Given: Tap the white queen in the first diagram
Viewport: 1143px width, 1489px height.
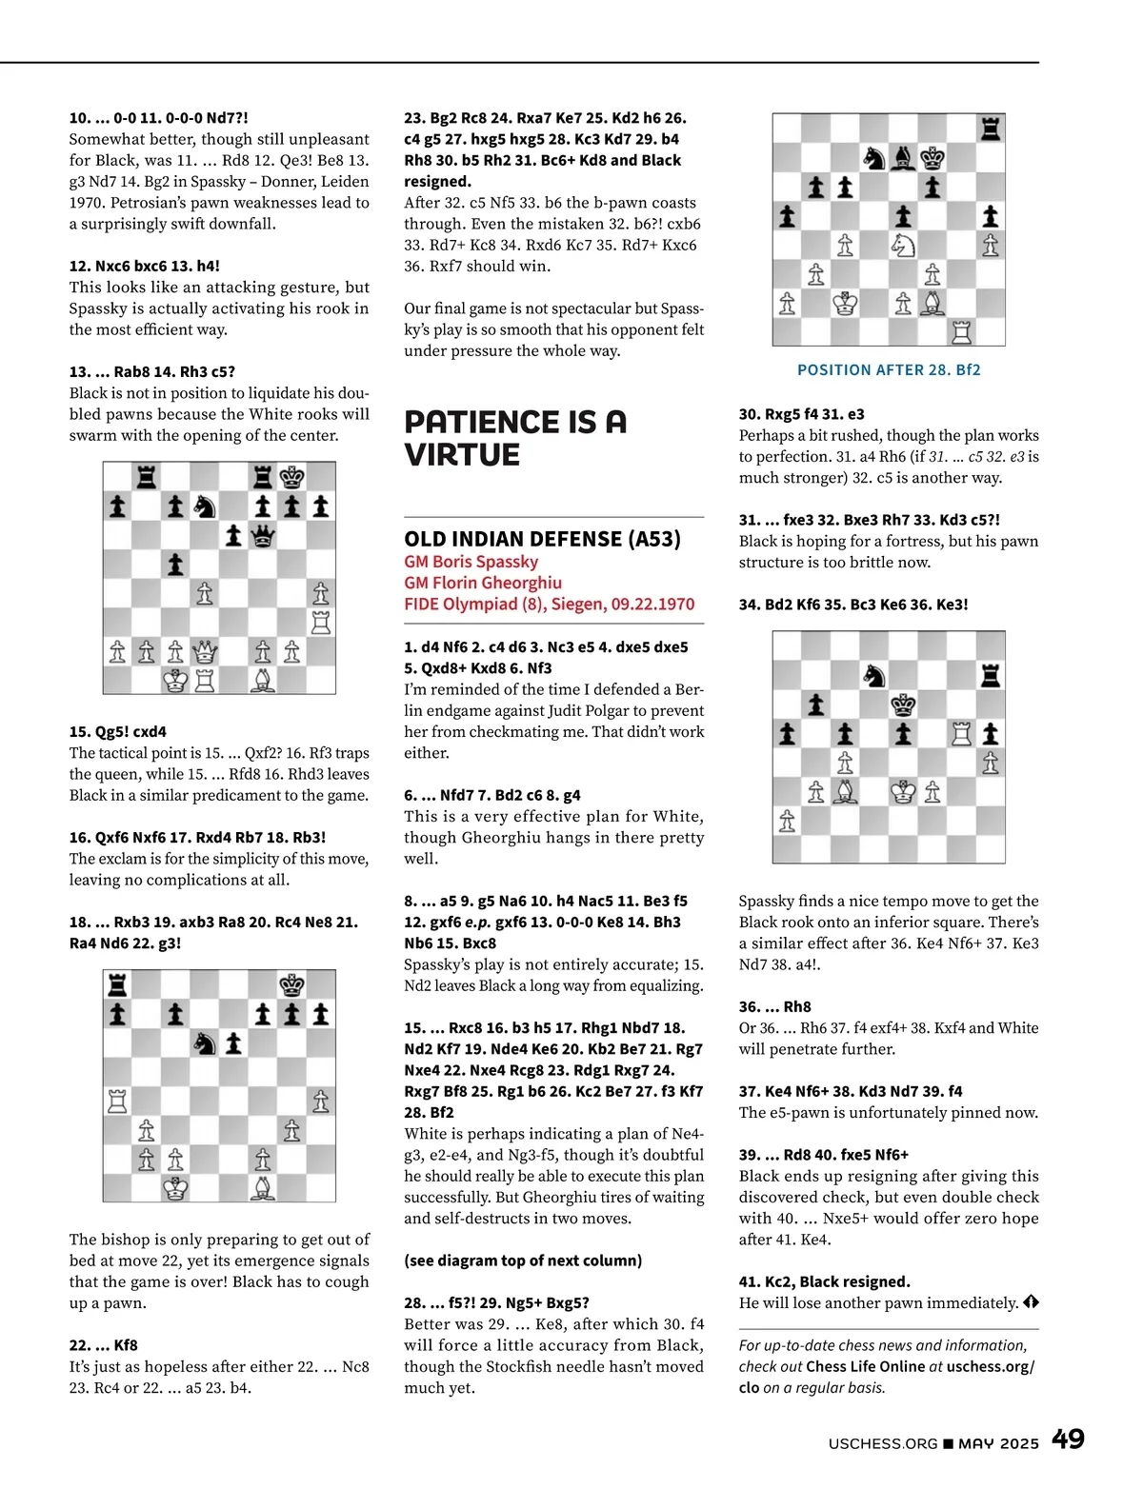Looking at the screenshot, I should coord(205,652).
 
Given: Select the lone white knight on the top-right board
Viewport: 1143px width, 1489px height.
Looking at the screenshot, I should coord(902,245).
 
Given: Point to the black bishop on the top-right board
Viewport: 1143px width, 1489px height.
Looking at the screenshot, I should coord(904,157).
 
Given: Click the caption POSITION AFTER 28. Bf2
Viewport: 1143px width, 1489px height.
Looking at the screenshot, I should coord(889,369).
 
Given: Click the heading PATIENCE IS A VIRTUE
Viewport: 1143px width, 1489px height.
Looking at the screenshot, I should coord(515,438).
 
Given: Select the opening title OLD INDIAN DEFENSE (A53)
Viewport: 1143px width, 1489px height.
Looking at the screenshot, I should coord(542,539).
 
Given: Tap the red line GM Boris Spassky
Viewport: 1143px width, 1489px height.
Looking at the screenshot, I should coord(471,562).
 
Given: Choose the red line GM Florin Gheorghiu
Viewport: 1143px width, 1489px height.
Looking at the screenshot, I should coord(483,583).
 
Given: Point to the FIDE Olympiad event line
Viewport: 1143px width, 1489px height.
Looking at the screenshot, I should coord(549,604).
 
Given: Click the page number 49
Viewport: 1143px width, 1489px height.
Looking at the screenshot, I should coord(1068,1439).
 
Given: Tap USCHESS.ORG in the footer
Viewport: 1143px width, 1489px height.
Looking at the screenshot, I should coord(883,1443).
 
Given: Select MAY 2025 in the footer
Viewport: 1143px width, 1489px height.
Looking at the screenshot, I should coord(998,1443).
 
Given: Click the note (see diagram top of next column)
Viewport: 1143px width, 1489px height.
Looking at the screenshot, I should coord(523,1261).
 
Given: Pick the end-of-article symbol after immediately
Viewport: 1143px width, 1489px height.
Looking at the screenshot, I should coord(1032,1302).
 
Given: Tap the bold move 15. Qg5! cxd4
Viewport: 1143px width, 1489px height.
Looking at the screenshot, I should coord(117,731).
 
